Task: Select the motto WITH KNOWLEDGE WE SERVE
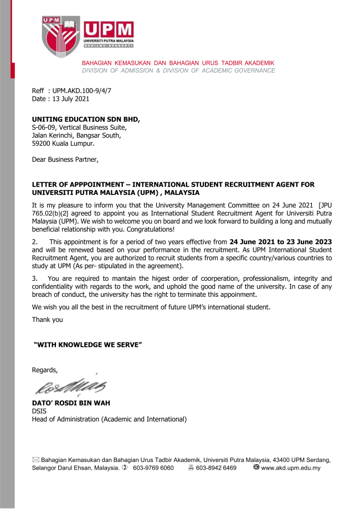[89, 345]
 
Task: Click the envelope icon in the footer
[35, 460]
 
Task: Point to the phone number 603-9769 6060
[153, 468]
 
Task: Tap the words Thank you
[48, 320]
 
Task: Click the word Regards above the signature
[44, 369]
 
